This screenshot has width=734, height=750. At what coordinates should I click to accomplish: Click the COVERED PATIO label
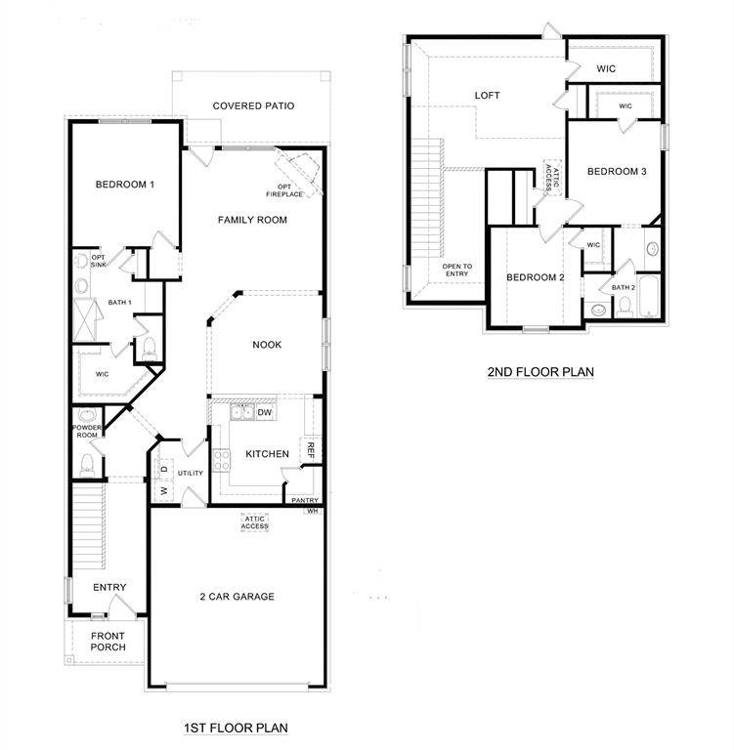(x=253, y=106)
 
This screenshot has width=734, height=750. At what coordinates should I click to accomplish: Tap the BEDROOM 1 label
(x=124, y=185)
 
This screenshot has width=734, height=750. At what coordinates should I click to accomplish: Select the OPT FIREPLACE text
(x=290, y=190)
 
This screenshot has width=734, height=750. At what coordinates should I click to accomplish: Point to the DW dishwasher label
(x=265, y=413)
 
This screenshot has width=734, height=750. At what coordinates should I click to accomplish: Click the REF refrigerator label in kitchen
(x=311, y=450)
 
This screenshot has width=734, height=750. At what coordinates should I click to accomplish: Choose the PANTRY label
(x=300, y=500)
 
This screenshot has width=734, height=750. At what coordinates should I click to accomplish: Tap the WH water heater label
(x=313, y=511)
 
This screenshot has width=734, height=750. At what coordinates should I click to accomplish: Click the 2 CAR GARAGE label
(x=237, y=597)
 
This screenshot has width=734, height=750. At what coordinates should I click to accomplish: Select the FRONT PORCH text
(x=108, y=642)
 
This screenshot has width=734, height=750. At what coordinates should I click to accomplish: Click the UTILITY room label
(x=190, y=474)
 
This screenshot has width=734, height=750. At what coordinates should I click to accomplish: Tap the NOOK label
(x=267, y=345)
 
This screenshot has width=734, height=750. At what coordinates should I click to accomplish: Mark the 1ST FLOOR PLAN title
(x=235, y=728)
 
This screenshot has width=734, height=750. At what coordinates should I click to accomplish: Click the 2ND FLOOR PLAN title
(x=540, y=371)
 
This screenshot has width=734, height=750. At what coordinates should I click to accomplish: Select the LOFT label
(x=487, y=96)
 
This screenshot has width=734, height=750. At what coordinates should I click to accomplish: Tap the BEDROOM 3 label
(x=617, y=172)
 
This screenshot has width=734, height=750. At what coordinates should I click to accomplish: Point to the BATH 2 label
(x=624, y=287)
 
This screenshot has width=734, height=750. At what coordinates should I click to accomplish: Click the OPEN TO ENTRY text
(x=456, y=271)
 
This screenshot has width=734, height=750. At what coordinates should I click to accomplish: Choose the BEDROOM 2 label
(x=536, y=277)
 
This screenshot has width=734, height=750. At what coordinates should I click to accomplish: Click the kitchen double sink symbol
(x=241, y=413)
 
